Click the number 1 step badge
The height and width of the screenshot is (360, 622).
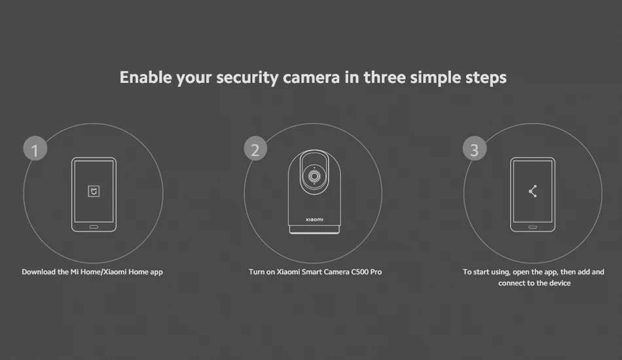(35, 149)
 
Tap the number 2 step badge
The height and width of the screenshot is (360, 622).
(255, 149)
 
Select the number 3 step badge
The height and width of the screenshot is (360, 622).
(475, 149)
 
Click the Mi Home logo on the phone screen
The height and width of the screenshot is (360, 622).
(94, 192)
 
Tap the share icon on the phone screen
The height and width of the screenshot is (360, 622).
(533, 191)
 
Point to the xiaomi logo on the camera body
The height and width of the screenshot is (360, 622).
(314, 220)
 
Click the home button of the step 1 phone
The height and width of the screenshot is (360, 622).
(94, 227)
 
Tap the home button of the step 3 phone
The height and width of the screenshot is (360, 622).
(533, 227)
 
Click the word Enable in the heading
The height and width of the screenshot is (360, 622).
(145, 77)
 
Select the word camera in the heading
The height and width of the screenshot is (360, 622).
(312, 78)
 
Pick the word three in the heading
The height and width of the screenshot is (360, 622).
(384, 77)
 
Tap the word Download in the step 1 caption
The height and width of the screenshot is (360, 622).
(39, 272)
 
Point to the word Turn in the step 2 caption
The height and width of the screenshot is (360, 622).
(256, 272)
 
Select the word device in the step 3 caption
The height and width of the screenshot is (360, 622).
(559, 283)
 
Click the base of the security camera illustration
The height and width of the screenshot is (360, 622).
(314, 229)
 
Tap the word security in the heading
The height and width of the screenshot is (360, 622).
(247, 78)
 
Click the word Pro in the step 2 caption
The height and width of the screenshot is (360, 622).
(376, 272)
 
